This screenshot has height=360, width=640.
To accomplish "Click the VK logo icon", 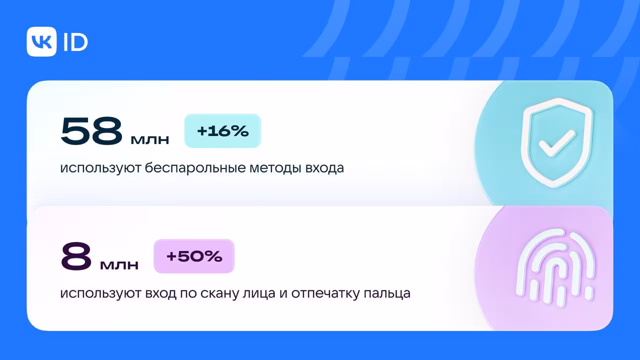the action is [41, 41].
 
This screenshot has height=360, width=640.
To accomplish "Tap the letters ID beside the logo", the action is [75, 42].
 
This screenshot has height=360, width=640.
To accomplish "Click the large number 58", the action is [91, 131].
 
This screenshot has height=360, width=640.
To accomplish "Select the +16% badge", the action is [223, 131].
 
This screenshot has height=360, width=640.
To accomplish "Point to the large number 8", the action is [76, 256].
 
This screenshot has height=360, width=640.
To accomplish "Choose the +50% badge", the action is [194, 256].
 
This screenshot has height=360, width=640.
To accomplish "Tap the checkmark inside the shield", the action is [557, 143].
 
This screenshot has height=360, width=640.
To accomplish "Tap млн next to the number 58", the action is [150, 140].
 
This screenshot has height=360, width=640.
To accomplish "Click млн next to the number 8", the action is [119, 265].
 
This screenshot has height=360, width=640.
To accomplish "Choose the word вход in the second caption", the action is [160, 294].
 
